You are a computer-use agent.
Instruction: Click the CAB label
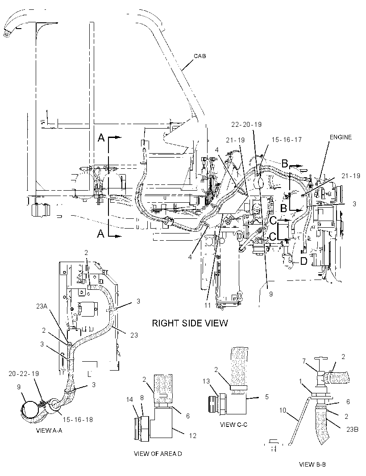pos(200,56)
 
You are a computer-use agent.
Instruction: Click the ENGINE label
pos(341,137)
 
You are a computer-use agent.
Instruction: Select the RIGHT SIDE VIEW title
pos(190,323)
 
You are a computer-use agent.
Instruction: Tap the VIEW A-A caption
pos(49,430)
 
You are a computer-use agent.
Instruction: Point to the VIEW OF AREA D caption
pos(158,454)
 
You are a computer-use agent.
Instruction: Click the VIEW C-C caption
pos(234,424)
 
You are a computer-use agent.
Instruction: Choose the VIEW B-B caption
pos(312,464)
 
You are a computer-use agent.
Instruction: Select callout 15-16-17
pos(287,140)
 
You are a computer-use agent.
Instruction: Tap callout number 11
pos(207,305)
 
